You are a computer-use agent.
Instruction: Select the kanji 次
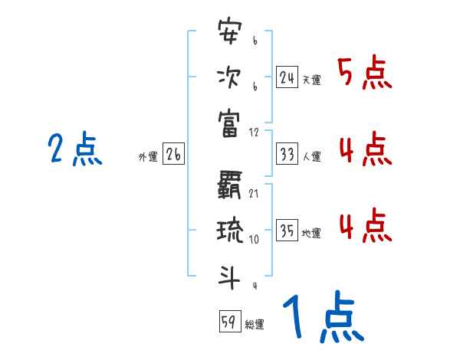tap(229, 78)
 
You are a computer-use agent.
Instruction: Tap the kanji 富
tap(229, 123)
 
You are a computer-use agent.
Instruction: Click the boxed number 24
tap(287, 77)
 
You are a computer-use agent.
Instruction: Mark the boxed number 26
tap(173, 155)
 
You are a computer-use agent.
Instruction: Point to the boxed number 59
tap(229, 322)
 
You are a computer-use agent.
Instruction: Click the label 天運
tap(311, 80)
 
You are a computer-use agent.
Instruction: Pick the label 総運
tap(255, 324)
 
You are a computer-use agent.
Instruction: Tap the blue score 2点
tap(75, 149)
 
